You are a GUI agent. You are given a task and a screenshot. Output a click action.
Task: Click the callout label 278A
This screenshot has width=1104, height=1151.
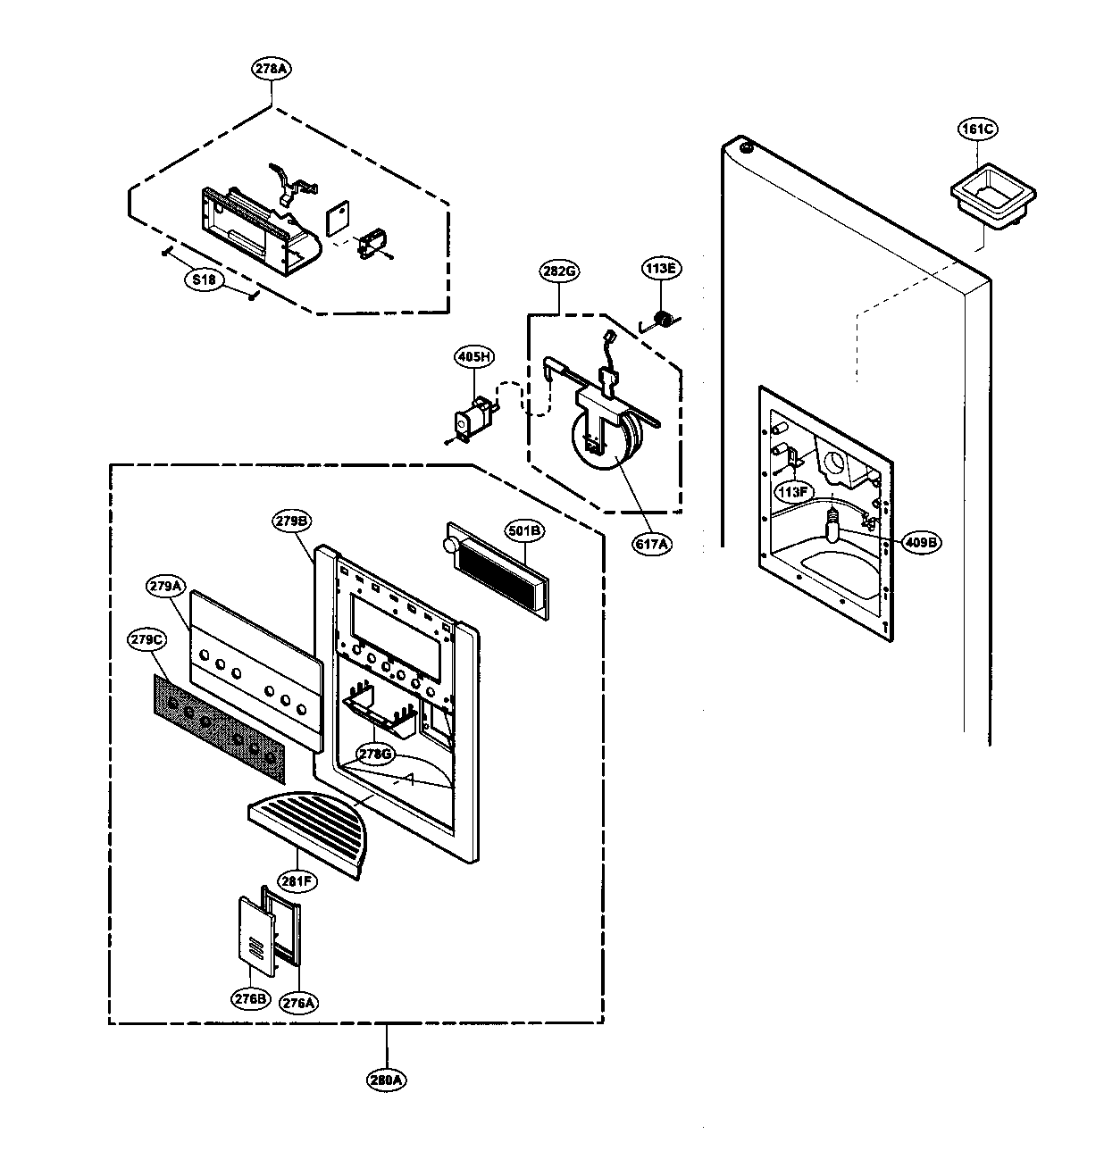[x=272, y=69]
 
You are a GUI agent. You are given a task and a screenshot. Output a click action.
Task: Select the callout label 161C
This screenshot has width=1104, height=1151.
[x=976, y=129]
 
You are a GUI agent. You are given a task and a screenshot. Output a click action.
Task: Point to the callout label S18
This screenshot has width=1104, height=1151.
[x=205, y=279]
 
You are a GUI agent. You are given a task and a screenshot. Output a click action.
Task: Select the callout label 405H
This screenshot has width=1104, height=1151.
[x=474, y=381]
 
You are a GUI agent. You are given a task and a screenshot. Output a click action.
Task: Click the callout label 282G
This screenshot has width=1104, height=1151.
[x=558, y=271]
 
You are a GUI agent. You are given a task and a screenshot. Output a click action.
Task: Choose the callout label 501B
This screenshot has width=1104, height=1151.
[x=523, y=532]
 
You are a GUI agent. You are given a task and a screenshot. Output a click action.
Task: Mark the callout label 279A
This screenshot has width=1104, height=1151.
[x=167, y=586]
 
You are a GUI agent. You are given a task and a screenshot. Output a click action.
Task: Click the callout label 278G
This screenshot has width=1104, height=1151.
[x=374, y=754]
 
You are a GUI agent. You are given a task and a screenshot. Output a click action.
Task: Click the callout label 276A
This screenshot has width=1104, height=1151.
[x=298, y=1002]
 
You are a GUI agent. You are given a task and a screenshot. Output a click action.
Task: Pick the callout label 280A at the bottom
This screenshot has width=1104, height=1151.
[x=386, y=1079]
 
